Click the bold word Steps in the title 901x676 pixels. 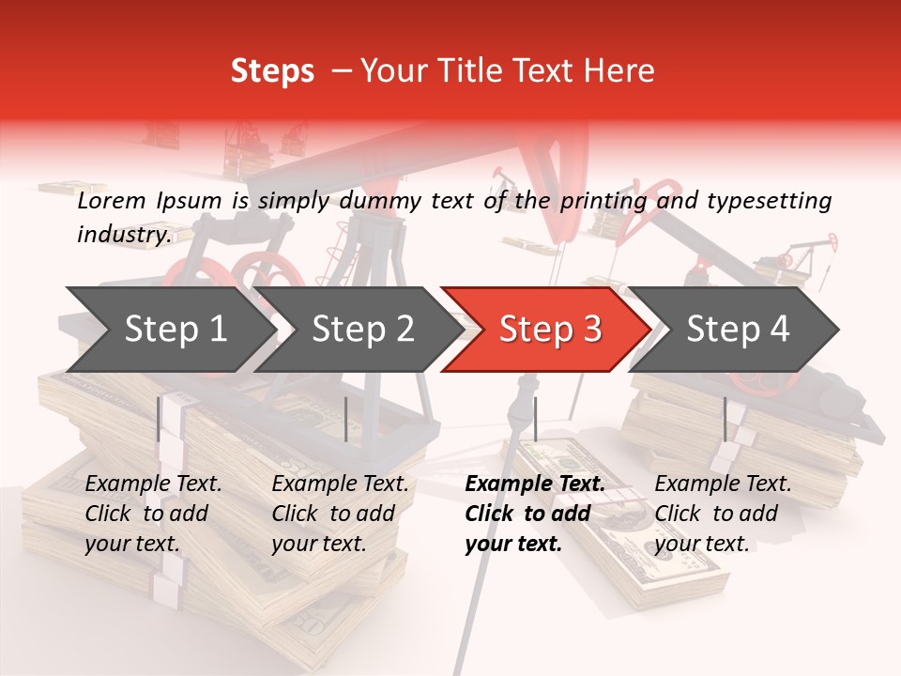(x=272, y=71)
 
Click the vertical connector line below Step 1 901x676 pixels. (x=159, y=419)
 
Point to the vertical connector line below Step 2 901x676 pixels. (x=346, y=419)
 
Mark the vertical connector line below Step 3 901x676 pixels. (x=535, y=419)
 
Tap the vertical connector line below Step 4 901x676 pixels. (x=725, y=419)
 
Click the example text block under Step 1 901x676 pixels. (x=153, y=514)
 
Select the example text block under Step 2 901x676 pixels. (x=340, y=514)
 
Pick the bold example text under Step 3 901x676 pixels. (x=534, y=514)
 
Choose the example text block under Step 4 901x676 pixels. (x=723, y=514)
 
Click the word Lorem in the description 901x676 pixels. (x=112, y=201)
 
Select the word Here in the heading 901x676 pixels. (x=621, y=71)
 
